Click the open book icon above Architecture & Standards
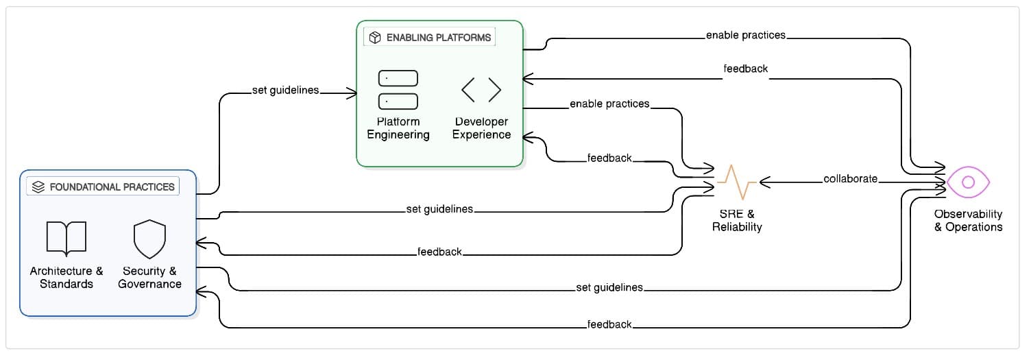[x=66, y=238]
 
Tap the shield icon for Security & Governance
[x=149, y=238]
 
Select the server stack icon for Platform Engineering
[x=398, y=89]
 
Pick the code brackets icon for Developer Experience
[x=481, y=89]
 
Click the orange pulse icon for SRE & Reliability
[x=737, y=182]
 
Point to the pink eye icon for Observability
[x=968, y=182]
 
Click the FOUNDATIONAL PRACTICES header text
[x=112, y=187]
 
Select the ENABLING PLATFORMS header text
[x=439, y=37]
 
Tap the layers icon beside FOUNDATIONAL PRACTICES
[x=38, y=187]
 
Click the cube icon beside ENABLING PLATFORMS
[x=375, y=37]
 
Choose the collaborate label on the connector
[x=850, y=179]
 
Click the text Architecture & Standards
[x=66, y=277]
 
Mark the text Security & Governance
[x=149, y=277]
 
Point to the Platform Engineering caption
[x=398, y=128]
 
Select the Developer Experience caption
[x=481, y=128]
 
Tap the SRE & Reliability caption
[x=737, y=220]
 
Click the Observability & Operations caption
[x=968, y=220]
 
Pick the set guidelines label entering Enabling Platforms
[x=286, y=91]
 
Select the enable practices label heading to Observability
[x=746, y=35]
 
